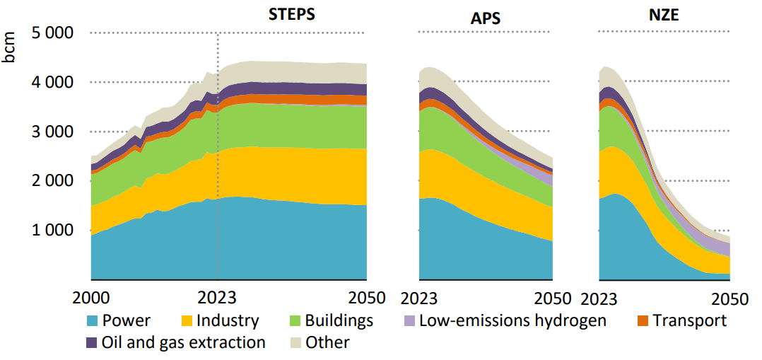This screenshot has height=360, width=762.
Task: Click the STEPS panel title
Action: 291,14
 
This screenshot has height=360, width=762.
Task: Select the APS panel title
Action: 486,18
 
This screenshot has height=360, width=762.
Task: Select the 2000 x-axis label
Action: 92,298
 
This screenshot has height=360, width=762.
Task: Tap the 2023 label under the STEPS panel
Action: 217,298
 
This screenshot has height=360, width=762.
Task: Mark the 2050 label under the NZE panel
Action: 729,298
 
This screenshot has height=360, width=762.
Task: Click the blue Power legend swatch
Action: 92,320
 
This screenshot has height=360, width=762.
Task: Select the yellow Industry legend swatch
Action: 186,320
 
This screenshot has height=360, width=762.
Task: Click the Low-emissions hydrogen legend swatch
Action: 409,320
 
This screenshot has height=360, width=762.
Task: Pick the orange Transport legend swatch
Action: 643,320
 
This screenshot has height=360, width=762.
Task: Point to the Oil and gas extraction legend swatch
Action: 92,343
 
